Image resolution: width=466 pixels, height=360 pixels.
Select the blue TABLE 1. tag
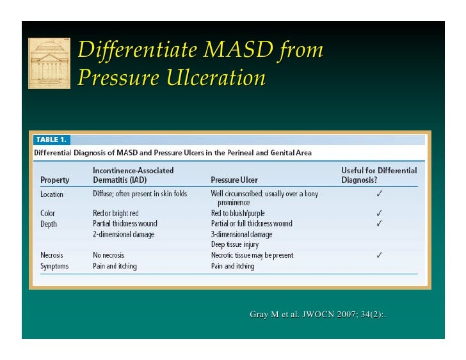coord(52,139)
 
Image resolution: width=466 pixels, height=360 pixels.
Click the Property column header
coord(55,180)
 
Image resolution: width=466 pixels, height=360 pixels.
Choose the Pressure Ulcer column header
coord(234,180)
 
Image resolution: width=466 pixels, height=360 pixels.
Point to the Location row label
coord(52,194)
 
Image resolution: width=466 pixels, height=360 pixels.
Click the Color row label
coord(48,213)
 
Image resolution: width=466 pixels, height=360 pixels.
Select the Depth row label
coord(49,224)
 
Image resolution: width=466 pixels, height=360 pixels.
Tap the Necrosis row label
coord(52,255)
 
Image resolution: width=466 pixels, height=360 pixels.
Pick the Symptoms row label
coord(54,266)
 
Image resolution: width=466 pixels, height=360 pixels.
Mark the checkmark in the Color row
coord(380,213)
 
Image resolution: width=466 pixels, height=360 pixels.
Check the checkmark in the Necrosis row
coord(380,255)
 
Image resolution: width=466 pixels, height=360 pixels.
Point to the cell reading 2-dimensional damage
coord(124,234)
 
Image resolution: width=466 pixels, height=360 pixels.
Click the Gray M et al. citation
coord(317,314)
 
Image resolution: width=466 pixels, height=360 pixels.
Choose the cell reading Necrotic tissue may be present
coord(252,255)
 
